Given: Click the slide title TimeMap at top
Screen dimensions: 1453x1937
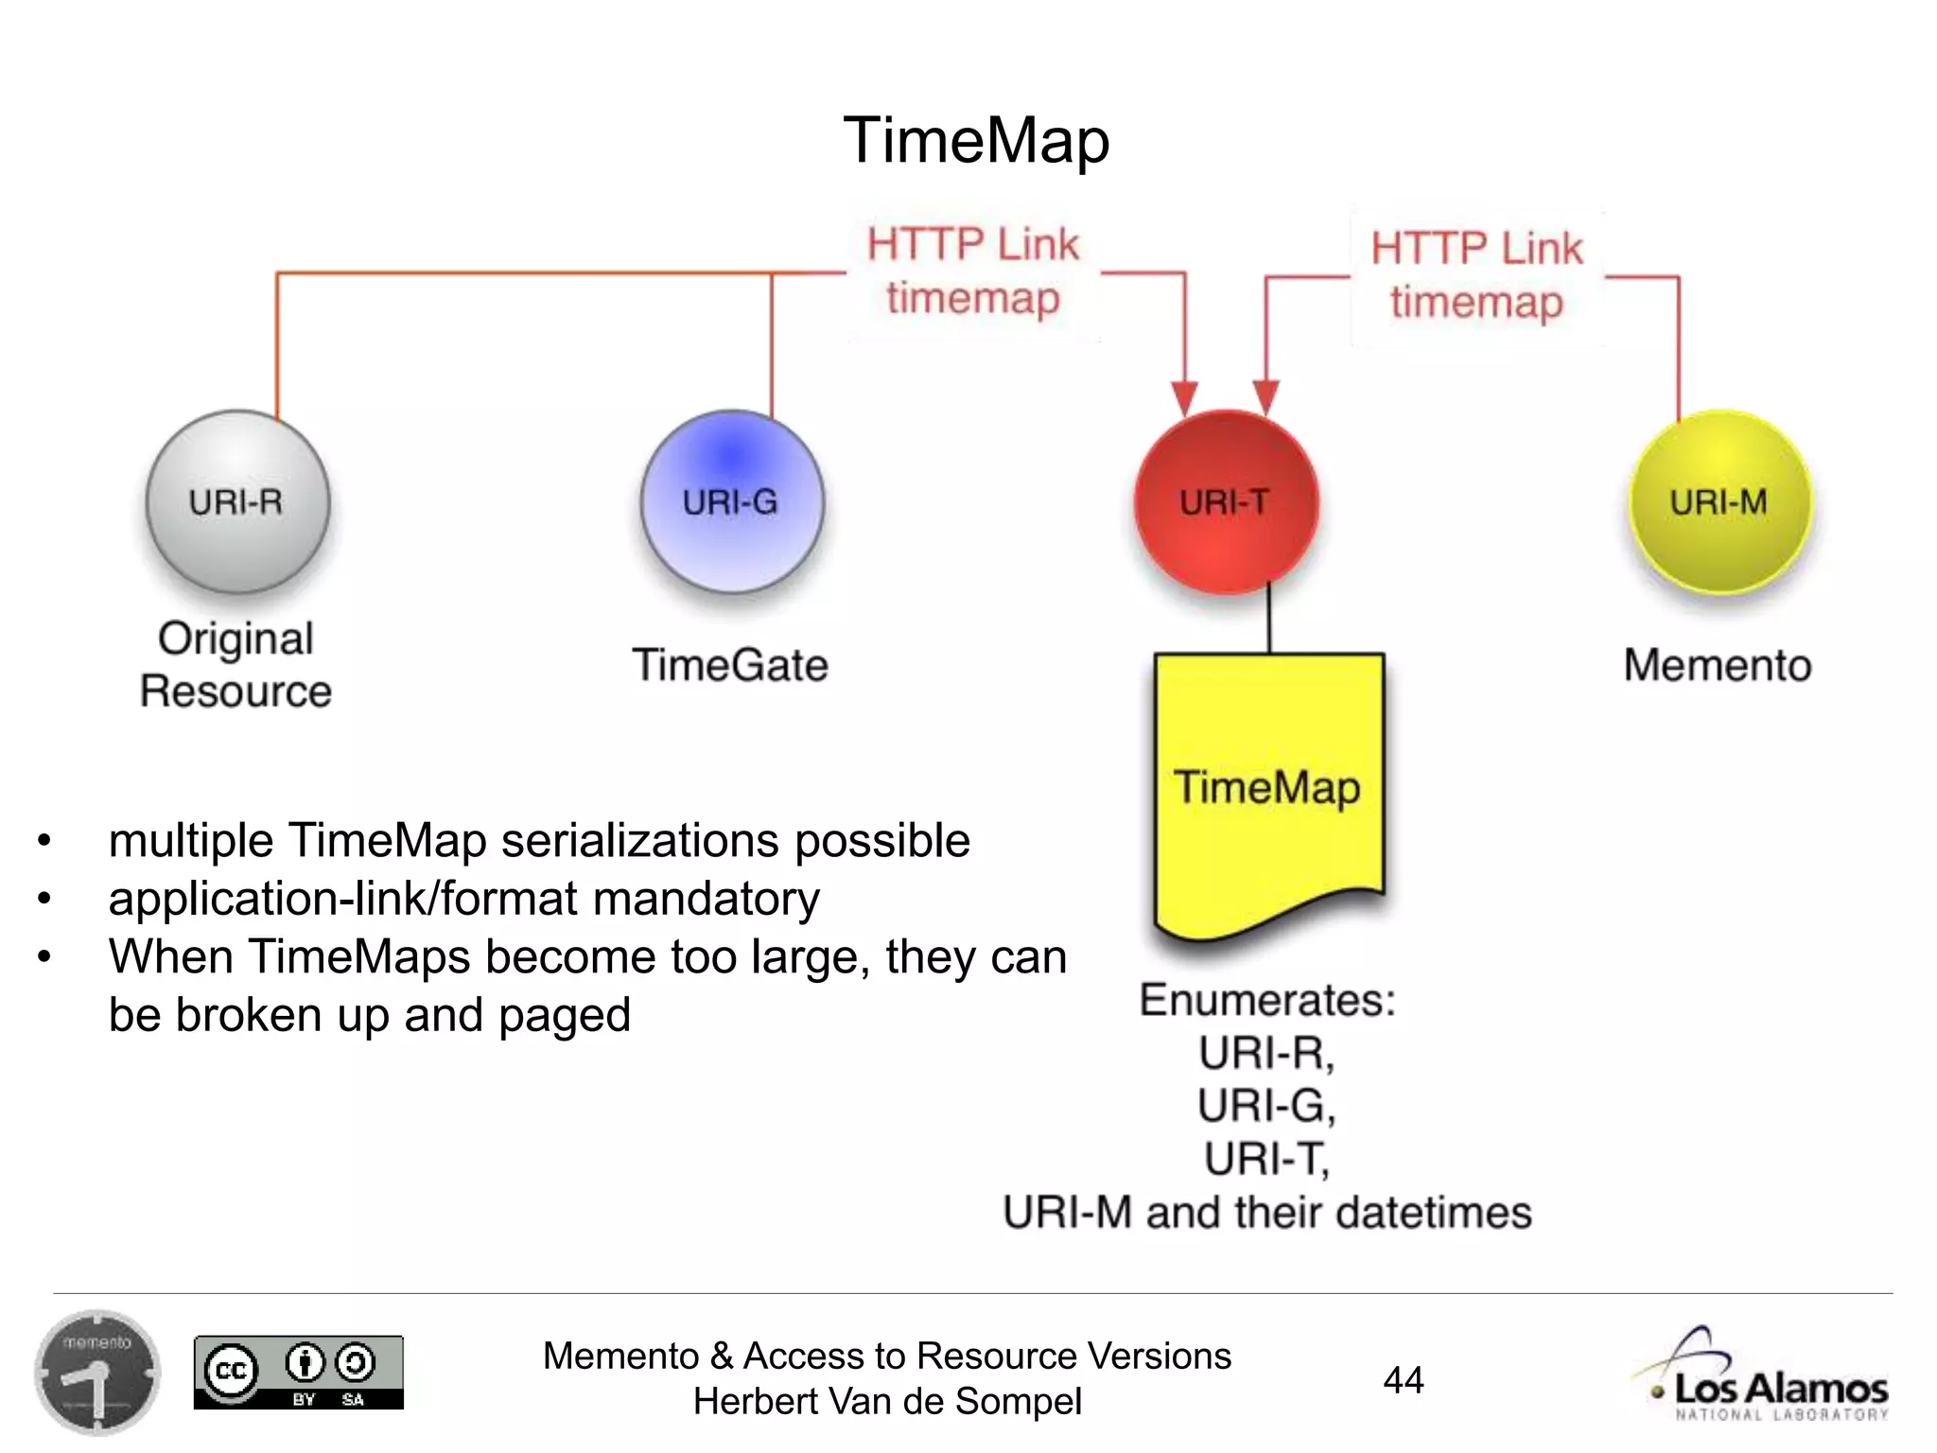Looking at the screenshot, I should click(x=976, y=140).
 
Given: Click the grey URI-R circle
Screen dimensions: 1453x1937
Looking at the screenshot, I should click(x=237, y=501).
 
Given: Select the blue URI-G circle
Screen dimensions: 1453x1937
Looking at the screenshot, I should click(x=731, y=501).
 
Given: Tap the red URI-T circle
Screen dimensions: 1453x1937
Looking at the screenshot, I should click(x=1226, y=501).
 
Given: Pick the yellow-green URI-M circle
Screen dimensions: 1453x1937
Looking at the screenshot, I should click(x=1719, y=501).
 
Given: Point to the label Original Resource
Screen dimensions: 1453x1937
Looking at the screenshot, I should click(x=236, y=664).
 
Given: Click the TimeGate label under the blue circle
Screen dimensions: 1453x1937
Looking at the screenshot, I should click(x=730, y=664).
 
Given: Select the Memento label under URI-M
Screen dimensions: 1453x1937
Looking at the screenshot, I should click(x=1718, y=664).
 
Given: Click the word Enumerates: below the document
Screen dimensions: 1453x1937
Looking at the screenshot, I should click(x=1267, y=1000).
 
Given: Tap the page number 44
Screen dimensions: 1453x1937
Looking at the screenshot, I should click(x=1404, y=1380).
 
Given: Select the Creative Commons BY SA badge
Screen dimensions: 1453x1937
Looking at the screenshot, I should click(x=299, y=1373).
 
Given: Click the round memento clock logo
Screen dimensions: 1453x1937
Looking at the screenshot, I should click(x=96, y=1373).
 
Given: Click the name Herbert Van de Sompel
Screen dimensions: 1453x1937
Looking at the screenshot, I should click(x=887, y=1401).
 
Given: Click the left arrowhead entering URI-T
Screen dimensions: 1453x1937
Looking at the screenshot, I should click(x=1184, y=396).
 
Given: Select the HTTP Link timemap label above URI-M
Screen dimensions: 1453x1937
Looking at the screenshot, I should click(x=1475, y=275).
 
